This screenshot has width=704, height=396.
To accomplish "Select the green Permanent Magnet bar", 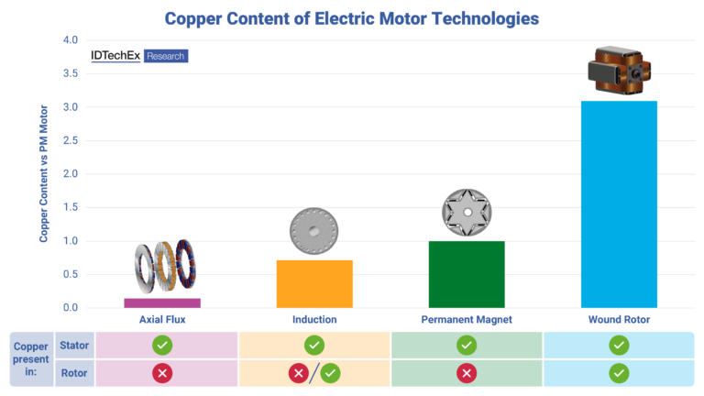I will coord(467,274).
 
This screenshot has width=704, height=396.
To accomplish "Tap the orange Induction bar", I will coord(314,283).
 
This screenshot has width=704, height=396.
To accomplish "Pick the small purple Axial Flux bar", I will coord(162,302).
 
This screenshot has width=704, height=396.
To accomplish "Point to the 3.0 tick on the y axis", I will coord(71,107).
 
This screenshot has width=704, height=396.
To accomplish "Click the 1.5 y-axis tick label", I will coord(71,207).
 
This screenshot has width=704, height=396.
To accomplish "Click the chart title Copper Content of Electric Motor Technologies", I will coord(351,17).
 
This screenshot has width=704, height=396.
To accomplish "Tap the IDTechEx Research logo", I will coord(139,56).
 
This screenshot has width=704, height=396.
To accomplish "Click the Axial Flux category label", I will coord(162,320).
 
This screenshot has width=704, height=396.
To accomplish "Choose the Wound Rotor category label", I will coord(619,320).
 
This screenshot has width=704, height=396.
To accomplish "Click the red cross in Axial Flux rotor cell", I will coord(162,373).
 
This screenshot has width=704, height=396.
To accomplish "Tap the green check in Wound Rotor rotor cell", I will coord(619,373).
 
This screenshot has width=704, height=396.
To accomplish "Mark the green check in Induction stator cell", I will coord(314,346).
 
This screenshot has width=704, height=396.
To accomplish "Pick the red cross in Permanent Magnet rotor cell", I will coord(467,373).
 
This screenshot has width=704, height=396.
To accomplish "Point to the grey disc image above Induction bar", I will coord(314,233).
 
